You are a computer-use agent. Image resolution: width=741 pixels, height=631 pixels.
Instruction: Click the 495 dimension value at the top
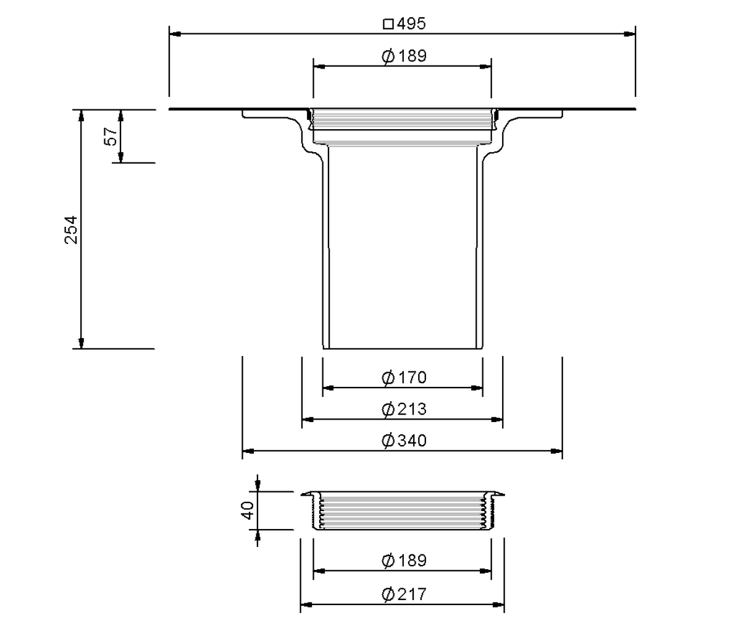pyautogui.click(x=411, y=23)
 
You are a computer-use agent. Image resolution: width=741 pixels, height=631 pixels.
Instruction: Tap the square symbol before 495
pyautogui.click(x=388, y=24)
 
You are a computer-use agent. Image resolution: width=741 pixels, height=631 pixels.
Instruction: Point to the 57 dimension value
pyautogui.click(x=111, y=137)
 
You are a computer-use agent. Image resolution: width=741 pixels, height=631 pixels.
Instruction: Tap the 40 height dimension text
pyautogui.click(x=248, y=510)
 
